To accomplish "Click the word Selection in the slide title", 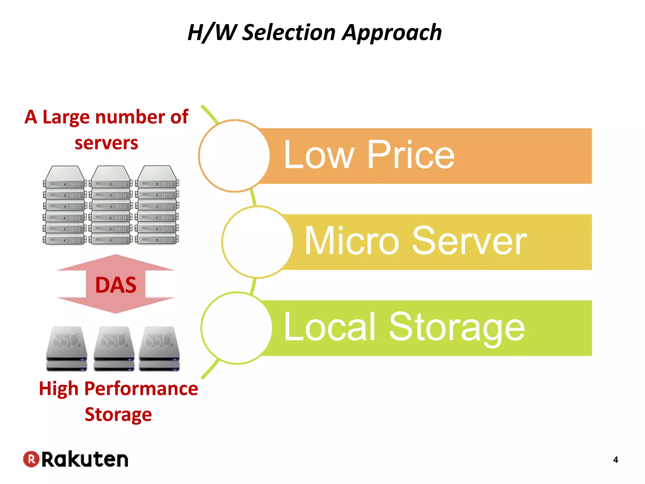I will coord(289,32).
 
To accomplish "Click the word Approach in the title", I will coord(392,32).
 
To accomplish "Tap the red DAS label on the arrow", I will coord(116,285).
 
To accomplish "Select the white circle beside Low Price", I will coord(234,156).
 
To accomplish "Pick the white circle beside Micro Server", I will coord(257,242).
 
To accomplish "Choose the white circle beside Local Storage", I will coord(237,328).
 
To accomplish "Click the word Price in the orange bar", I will coord(411,155).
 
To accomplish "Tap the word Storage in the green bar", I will coord(457,328).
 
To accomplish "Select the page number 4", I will coord(616,460).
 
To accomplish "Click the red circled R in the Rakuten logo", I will coord(31,459).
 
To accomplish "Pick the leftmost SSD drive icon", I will coord(66,348).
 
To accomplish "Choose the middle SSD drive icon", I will coord(114,348).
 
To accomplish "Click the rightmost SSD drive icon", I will coord(159,348).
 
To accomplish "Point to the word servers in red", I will coord(106,143).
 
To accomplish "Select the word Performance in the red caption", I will coord(141,389).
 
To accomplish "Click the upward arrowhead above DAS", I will coord(116,262).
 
